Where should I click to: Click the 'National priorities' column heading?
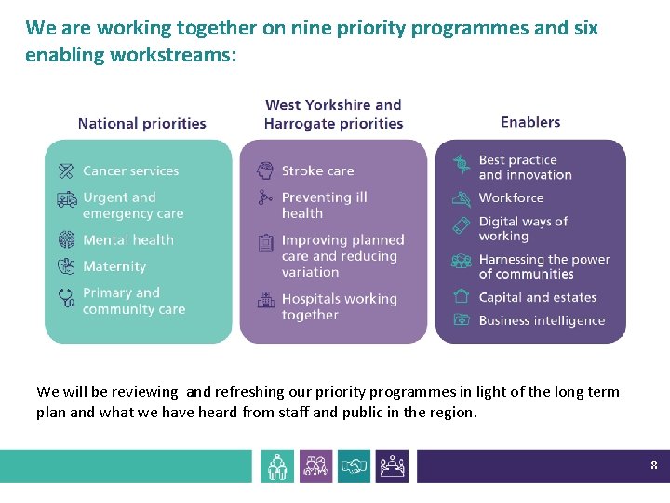[x=141, y=123]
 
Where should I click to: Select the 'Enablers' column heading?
[x=530, y=122]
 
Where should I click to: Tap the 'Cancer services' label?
[x=130, y=170]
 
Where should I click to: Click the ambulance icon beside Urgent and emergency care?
[x=66, y=199]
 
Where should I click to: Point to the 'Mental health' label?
[x=127, y=239]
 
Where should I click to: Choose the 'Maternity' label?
[x=114, y=266]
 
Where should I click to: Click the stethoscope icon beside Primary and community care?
[x=66, y=297]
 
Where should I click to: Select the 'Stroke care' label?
[x=317, y=170]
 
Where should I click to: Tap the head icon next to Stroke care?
[x=265, y=170]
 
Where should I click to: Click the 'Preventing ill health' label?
[x=324, y=205]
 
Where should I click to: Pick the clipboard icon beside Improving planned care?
[x=265, y=243]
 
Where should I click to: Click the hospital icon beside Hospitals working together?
[x=265, y=300]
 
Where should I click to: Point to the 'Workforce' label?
[x=511, y=197]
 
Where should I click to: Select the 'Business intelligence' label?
[x=542, y=320]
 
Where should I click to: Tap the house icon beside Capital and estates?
[x=461, y=296]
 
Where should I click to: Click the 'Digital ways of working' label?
[x=523, y=228]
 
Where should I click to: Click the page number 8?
[x=654, y=465]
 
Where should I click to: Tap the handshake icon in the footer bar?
[x=354, y=466]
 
